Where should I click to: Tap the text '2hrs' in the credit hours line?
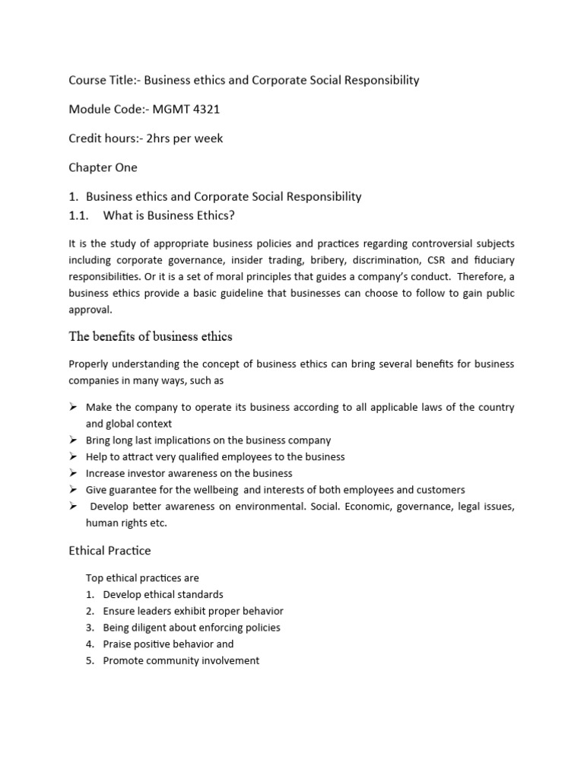pyautogui.click(x=169, y=138)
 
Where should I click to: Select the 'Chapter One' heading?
pyautogui.click(x=103, y=167)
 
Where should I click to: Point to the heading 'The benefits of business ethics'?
pyautogui.click(x=151, y=336)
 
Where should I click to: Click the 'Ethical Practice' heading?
pyautogui.click(x=110, y=550)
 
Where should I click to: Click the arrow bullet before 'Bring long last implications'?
pyautogui.click(x=73, y=440)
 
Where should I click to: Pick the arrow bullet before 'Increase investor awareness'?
pyautogui.click(x=73, y=473)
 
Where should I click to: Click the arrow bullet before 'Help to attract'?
pyautogui.click(x=73, y=456)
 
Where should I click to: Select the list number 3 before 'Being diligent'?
pyautogui.click(x=89, y=628)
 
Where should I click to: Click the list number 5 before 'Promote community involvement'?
pyautogui.click(x=89, y=661)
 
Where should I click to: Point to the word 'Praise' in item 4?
pyautogui.click(x=118, y=644)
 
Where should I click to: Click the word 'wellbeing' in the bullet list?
pyautogui.click(x=210, y=490)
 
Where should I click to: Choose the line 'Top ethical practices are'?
pyautogui.click(x=142, y=578)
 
